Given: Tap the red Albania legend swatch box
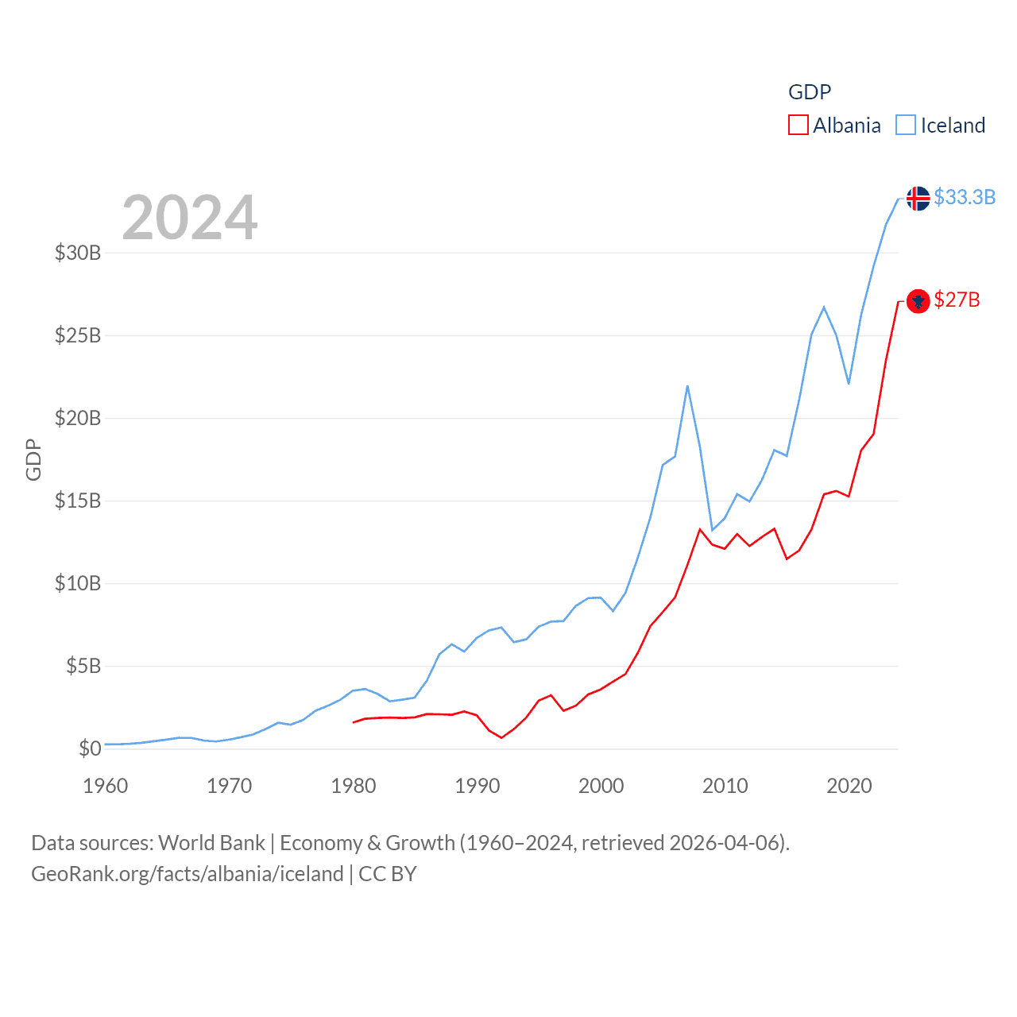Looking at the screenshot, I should (798, 126).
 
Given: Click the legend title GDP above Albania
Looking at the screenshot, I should (809, 92).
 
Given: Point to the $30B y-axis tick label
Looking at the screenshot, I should (78, 253).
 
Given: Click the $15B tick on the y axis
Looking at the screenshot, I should (78, 501).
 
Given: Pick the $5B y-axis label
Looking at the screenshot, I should (83, 666).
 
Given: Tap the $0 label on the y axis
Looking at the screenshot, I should (90, 748).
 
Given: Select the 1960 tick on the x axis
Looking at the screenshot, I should (105, 786).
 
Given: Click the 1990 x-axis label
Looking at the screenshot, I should (477, 786).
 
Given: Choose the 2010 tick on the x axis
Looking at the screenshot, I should (725, 786).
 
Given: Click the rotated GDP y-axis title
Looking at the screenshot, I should (33, 459).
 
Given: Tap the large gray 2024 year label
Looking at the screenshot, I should (189, 218).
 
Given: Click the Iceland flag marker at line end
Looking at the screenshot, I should (918, 198).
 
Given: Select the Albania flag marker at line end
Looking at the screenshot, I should (918, 301).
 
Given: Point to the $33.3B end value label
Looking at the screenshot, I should (964, 197).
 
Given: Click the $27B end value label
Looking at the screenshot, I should (957, 300).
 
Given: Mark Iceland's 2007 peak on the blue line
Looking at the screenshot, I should (687, 386).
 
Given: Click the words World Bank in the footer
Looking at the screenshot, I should (211, 843).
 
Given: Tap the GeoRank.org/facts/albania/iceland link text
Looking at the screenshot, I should (187, 874).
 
